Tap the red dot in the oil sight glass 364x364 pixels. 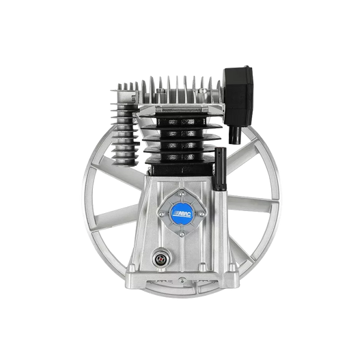click(160, 258)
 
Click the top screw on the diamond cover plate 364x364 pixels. click(182, 193)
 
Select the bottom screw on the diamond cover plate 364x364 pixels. click(182, 234)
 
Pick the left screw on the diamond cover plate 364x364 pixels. click(162, 213)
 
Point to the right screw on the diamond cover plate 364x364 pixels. click(202, 214)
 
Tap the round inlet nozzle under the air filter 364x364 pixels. click(235, 135)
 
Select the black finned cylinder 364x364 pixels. click(182, 141)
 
